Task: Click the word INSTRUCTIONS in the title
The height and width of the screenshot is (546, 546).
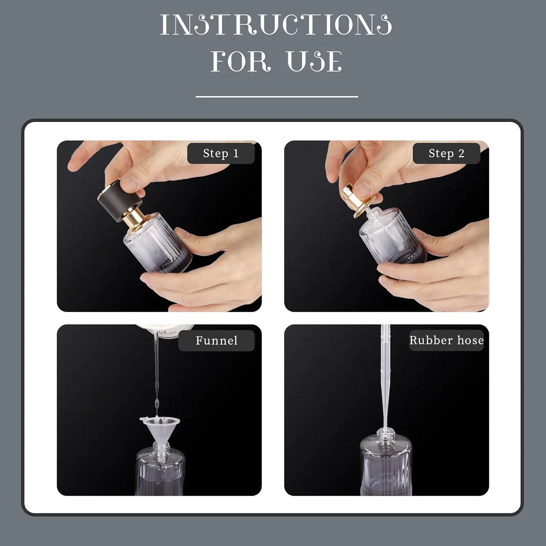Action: click(276, 25)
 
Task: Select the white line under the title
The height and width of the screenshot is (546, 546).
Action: click(277, 96)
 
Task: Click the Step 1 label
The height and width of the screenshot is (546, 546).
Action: click(221, 153)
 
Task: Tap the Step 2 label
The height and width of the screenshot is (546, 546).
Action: click(446, 153)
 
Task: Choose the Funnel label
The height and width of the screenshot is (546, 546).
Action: click(216, 340)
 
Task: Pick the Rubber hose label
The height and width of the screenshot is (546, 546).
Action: click(446, 340)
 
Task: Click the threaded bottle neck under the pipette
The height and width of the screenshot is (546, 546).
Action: click(386, 434)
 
